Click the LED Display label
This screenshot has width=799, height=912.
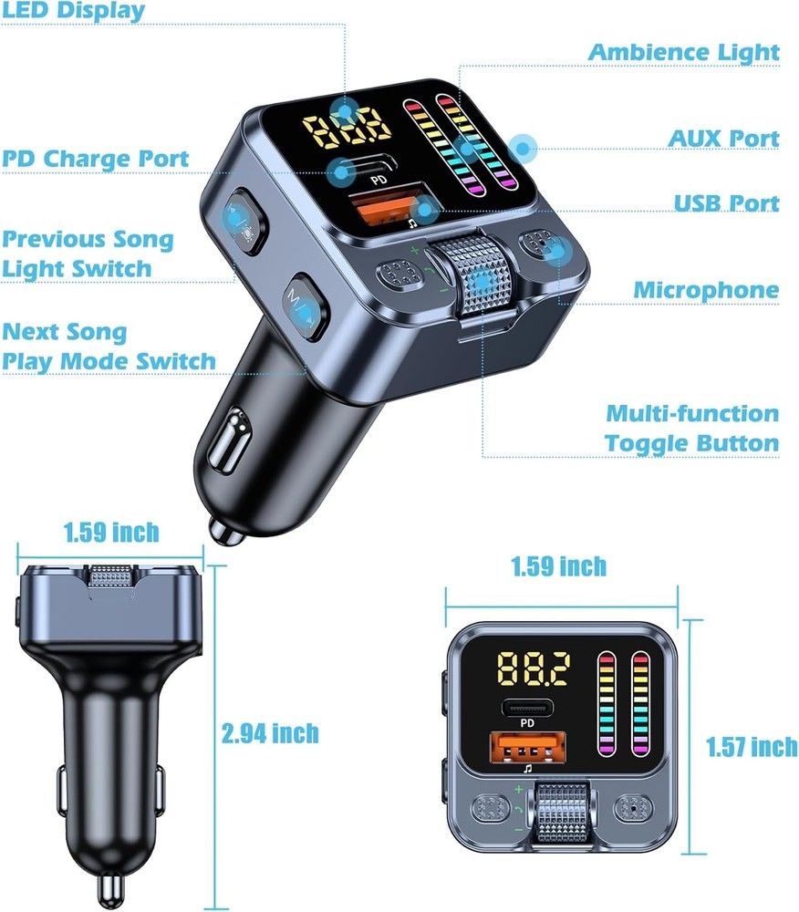coord(72,11)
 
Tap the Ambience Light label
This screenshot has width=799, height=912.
coord(683,52)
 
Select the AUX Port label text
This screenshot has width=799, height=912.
coord(724,139)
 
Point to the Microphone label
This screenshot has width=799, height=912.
coord(707,290)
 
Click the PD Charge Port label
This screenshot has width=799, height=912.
coord(95,159)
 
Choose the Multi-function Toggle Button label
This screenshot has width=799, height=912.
coord(692,429)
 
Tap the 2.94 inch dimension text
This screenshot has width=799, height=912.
coord(271,732)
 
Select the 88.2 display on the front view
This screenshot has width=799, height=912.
coord(534,670)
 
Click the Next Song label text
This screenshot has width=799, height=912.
coord(65,331)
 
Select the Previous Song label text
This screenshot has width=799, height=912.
coord(88,240)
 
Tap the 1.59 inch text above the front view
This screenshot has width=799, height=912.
coord(558,566)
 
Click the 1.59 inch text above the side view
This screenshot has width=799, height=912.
coord(111,532)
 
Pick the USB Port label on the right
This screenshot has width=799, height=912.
coord(727,202)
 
